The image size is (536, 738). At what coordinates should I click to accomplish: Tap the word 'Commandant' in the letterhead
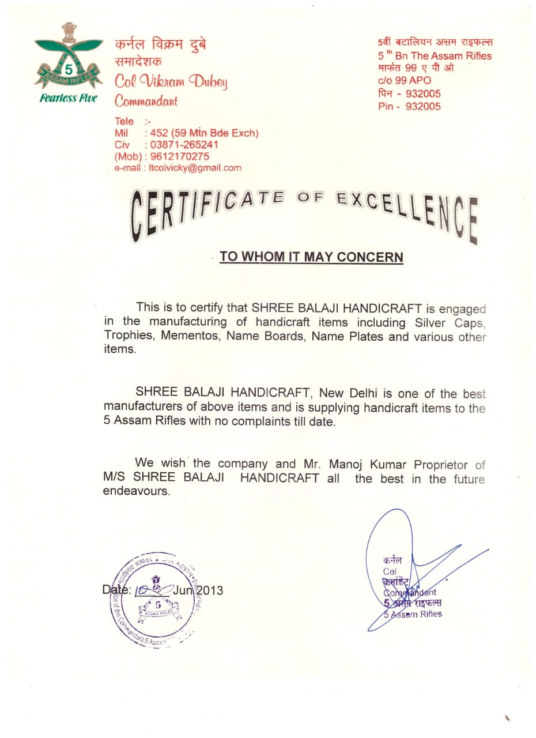point(146,101)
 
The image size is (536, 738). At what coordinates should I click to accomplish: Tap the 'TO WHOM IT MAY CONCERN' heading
point(311,257)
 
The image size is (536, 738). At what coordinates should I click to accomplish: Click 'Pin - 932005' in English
point(409,106)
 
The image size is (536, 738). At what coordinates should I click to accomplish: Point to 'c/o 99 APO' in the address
point(404,81)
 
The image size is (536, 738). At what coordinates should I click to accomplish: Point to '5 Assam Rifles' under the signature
point(413,614)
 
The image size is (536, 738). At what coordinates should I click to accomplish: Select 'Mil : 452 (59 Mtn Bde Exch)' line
point(187,133)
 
